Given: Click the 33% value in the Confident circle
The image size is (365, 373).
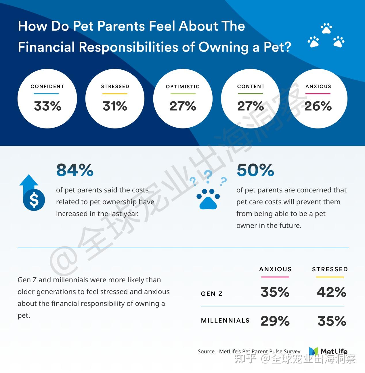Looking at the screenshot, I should [47, 106].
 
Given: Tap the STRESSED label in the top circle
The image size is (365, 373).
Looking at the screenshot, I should [115, 86].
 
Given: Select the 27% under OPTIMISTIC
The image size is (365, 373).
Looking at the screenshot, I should [183, 106].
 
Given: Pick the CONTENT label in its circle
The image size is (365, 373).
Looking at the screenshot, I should [251, 86].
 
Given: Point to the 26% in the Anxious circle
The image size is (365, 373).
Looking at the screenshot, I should [318, 106].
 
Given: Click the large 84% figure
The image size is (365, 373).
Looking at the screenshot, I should [75, 170].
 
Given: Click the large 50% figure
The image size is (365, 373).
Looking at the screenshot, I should [255, 170].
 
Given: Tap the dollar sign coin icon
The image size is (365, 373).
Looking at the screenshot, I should [34, 200].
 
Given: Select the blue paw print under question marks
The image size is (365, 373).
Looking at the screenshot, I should [208, 199].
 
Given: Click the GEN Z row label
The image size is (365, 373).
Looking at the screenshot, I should [212, 294].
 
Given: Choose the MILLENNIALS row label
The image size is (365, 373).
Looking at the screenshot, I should [225, 321].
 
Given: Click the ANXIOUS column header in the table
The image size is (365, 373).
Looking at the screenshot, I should [275, 269].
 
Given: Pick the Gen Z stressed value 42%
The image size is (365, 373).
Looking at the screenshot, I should [331, 292].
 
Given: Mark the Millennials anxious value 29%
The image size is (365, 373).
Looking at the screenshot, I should [275, 321].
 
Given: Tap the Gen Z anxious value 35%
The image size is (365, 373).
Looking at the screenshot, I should [275, 292].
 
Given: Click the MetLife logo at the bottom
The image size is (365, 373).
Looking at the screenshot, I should [328, 351].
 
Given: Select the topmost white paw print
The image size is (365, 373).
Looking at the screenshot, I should [326, 29].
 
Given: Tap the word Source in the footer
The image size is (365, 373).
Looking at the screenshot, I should [206, 351].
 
